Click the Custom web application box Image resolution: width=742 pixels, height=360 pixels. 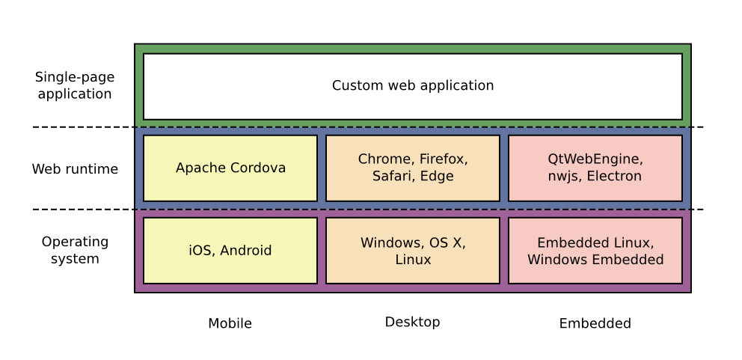click(x=413, y=86)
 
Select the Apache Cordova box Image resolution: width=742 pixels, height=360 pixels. click(x=230, y=168)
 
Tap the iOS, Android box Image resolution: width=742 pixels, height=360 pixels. click(x=230, y=251)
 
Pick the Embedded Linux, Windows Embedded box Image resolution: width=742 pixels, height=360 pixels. click(x=595, y=251)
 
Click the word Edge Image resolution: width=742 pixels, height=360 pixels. click(x=437, y=176)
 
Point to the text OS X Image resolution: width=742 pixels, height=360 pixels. click(x=447, y=243)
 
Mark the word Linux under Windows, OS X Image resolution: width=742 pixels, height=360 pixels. click(x=413, y=260)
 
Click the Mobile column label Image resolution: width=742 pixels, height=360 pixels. click(x=230, y=323)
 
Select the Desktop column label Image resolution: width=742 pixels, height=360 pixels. click(x=413, y=323)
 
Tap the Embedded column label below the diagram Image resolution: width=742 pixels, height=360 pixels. click(x=595, y=323)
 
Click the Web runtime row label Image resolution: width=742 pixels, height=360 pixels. click(x=75, y=169)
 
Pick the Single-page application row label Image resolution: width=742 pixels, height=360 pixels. click(x=75, y=86)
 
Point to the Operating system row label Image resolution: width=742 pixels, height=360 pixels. click(x=75, y=250)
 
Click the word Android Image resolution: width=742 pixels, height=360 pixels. click(x=245, y=251)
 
